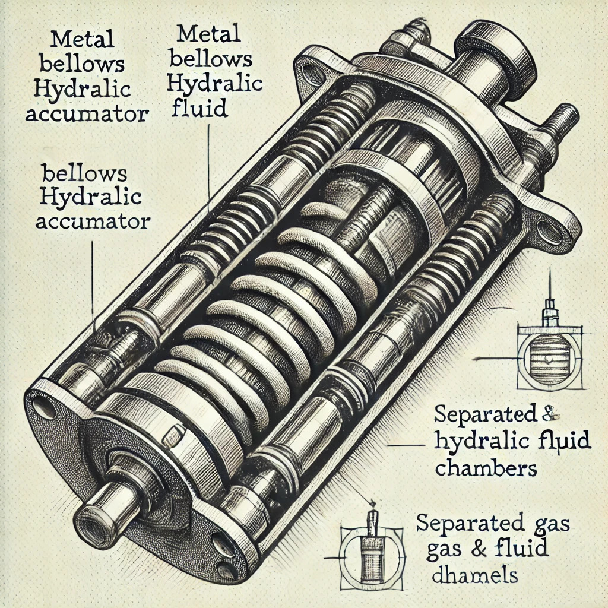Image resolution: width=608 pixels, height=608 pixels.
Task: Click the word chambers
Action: [x=486, y=467]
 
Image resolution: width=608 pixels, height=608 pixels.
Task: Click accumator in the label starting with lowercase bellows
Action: [x=92, y=221]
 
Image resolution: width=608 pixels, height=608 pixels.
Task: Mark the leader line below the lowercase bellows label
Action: [x=93, y=279]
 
